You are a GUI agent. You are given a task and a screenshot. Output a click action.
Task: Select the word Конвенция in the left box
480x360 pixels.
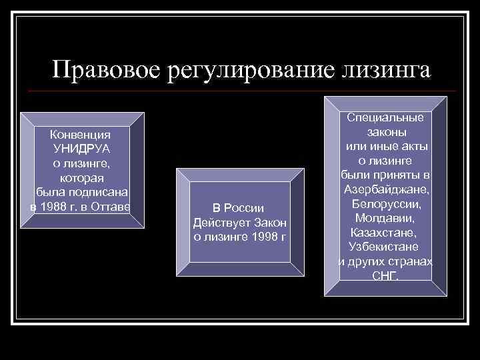(82, 134)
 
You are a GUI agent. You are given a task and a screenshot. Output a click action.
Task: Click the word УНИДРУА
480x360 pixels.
(82, 149)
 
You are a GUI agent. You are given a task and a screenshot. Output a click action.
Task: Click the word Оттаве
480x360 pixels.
(113, 207)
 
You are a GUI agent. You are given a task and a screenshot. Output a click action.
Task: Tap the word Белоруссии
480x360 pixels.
(386, 204)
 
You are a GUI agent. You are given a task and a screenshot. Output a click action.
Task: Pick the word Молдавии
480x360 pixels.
(386, 219)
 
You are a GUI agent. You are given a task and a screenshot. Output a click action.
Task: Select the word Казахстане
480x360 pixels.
(386, 233)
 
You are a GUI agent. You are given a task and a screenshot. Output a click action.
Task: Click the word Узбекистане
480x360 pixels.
(386, 247)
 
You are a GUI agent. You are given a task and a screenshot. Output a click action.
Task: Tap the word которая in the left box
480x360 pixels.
(82, 178)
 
